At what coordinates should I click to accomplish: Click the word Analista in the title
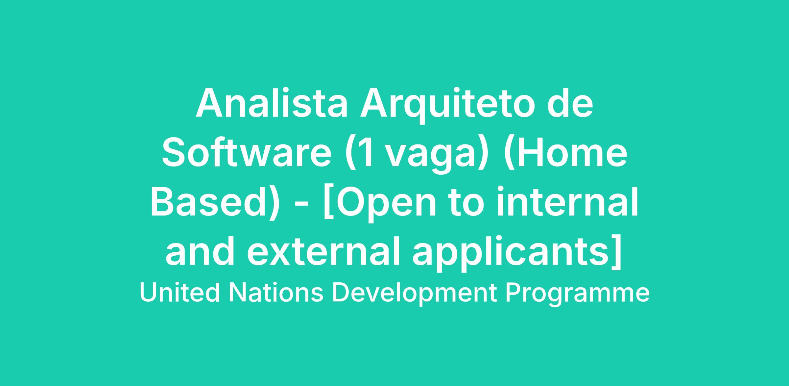coord(272,103)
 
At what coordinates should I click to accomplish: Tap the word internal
coord(567,202)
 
